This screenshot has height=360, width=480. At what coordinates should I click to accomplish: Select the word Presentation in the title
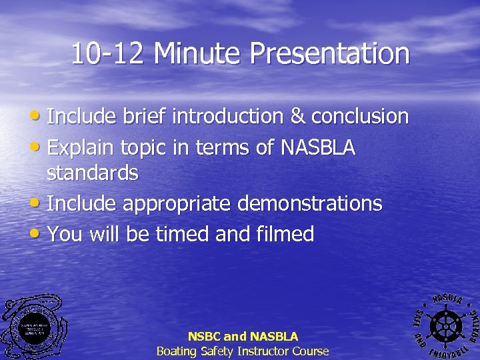click(331, 54)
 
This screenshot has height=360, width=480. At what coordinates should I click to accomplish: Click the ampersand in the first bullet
click(297, 116)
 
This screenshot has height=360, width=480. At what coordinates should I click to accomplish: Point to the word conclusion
click(360, 116)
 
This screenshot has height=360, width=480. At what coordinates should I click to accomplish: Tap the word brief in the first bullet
click(145, 116)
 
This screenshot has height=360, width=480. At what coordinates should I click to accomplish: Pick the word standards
click(93, 173)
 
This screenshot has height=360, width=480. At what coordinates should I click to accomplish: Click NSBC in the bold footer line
click(204, 337)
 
